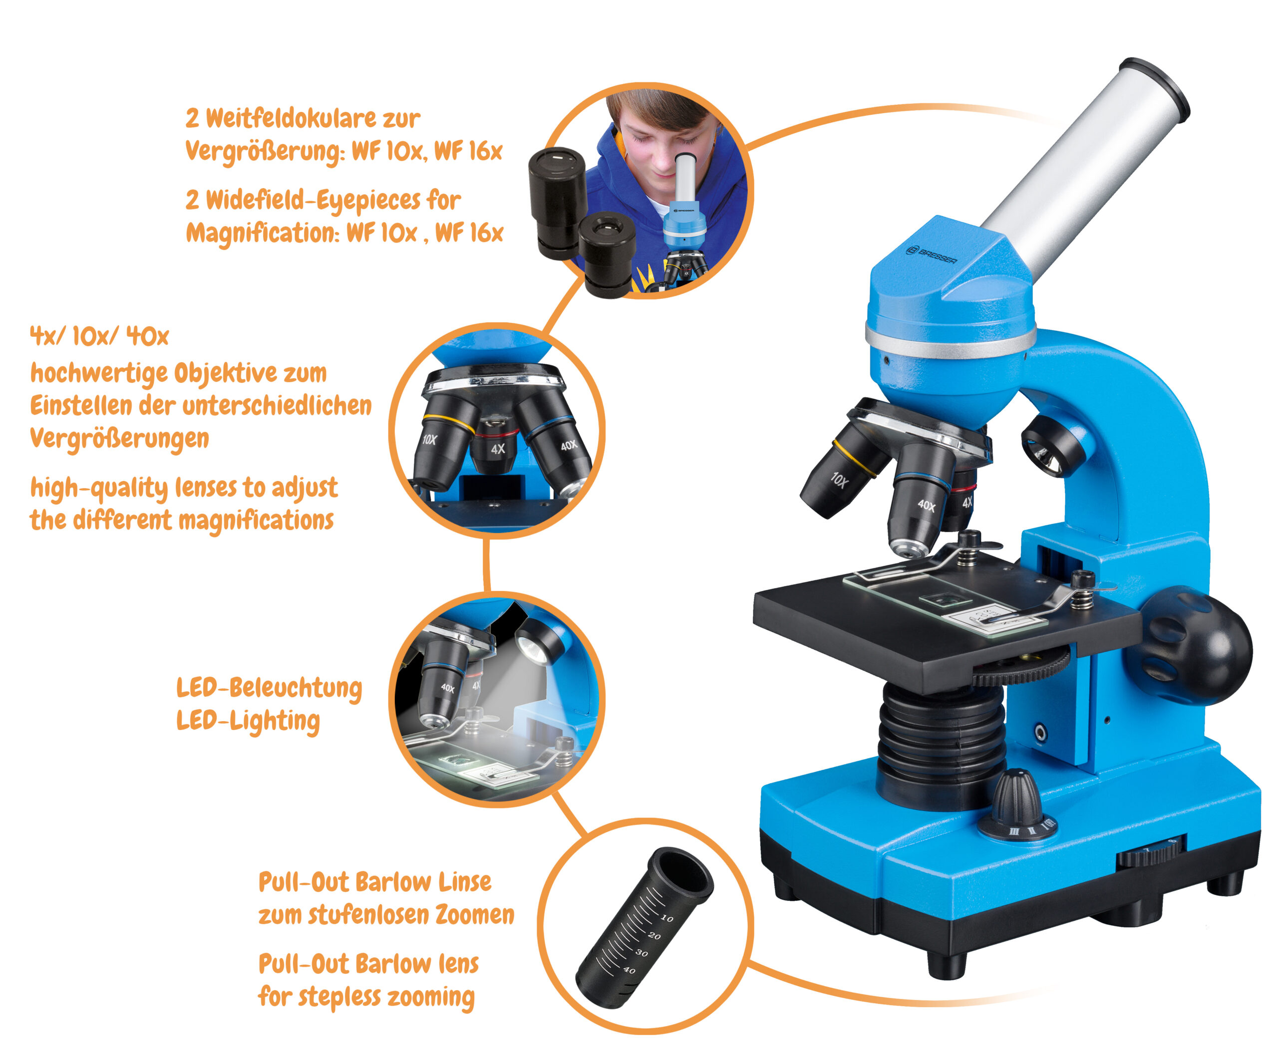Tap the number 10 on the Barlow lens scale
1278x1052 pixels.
[667, 919]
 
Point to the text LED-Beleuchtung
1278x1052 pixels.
[269, 688]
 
